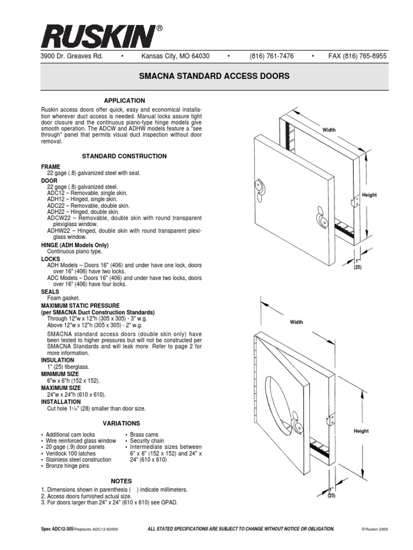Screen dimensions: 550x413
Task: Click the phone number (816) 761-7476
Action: pyautogui.click(x=271, y=56)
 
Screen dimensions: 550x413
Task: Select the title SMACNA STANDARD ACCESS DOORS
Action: pyautogui.click(x=214, y=76)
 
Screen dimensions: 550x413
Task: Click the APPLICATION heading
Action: pyautogui.click(x=124, y=100)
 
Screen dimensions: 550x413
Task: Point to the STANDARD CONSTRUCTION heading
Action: pyautogui.click(x=124, y=156)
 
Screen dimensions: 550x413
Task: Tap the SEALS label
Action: pyautogui.click(x=50, y=292)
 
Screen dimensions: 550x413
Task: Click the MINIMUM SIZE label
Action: pyautogui.click(x=60, y=373)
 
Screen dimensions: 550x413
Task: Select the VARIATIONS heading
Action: pyautogui.click(x=124, y=423)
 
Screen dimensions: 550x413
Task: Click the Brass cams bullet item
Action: pyautogui.click(x=144, y=435)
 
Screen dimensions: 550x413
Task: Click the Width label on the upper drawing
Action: pyautogui.click(x=329, y=131)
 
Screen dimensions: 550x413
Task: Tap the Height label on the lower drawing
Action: pyautogui.click(x=361, y=431)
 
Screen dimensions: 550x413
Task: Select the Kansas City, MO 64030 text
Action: pyautogui.click(x=175, y=56)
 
